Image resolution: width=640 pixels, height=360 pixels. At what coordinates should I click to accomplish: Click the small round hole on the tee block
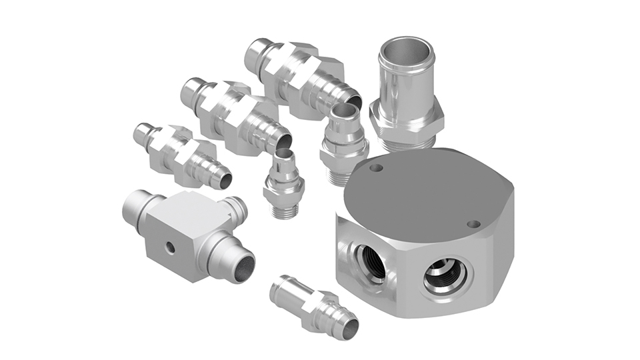click(x=171, y=247)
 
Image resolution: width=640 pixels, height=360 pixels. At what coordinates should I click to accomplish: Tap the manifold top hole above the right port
click(x=473, y=224)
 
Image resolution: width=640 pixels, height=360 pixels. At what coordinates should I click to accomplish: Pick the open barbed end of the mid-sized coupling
click(x=283, y=141)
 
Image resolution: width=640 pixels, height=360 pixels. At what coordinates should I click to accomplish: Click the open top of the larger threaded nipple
click(x=344, y=111)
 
